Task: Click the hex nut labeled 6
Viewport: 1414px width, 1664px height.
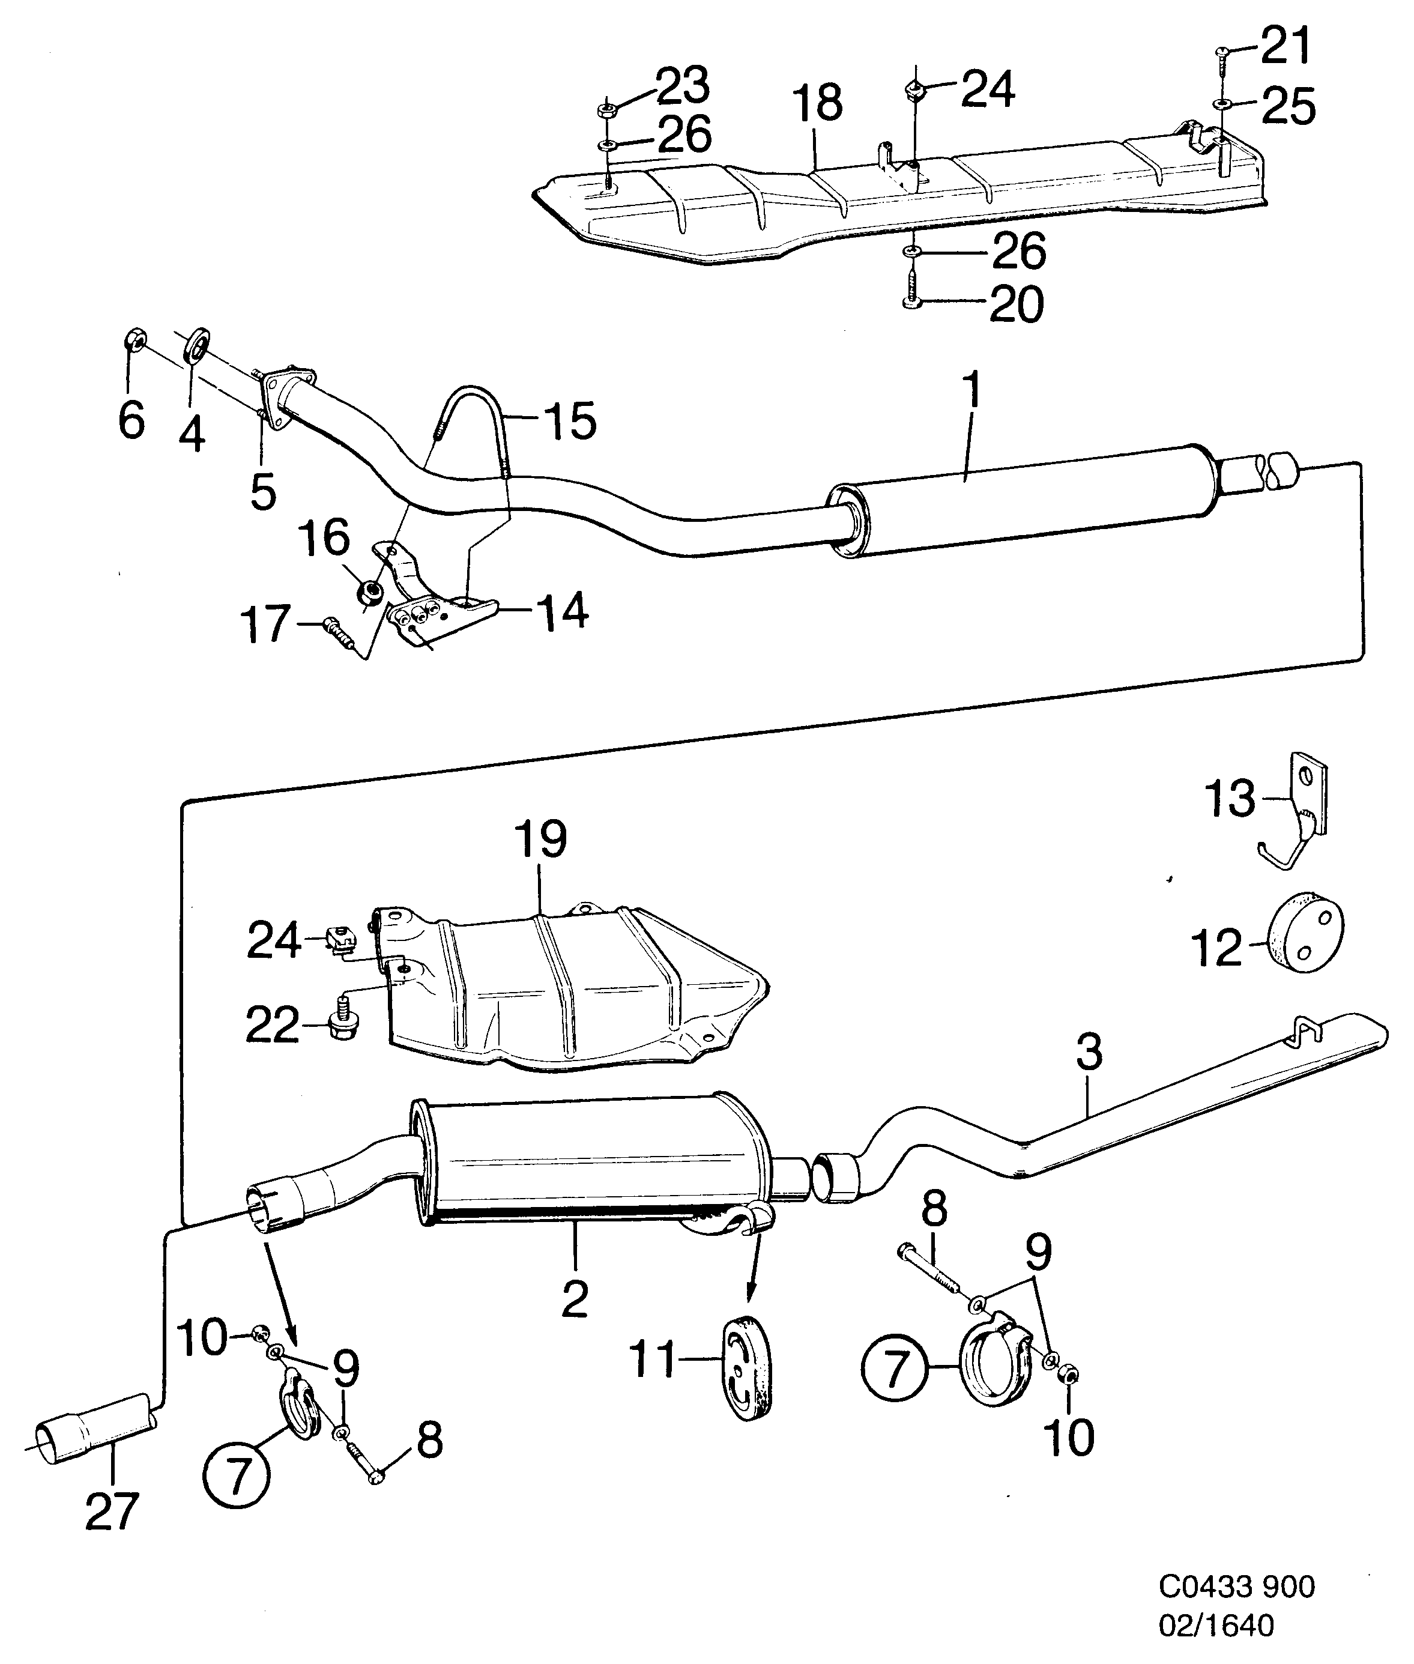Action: (x=134, y=342)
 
